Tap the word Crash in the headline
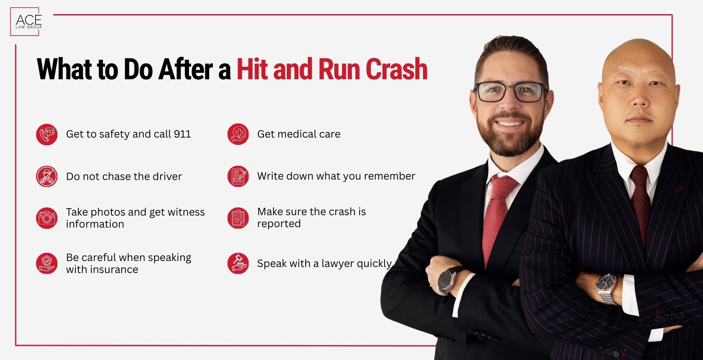[x=397, y=69]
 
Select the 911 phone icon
[x=47, y=135]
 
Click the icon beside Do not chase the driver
[x=47, y=177]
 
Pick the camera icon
[x=47, y=218]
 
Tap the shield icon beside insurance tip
[x=47, y=263]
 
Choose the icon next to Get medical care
[x=238, y=135]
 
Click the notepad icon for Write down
[x=238, y=176]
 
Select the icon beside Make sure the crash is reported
[x=238, y=218]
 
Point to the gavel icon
[x=238, y=263]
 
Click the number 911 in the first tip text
[x=182, y=134]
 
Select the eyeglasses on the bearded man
[x=510, y=92]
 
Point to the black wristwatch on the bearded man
[x=448, y=280]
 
